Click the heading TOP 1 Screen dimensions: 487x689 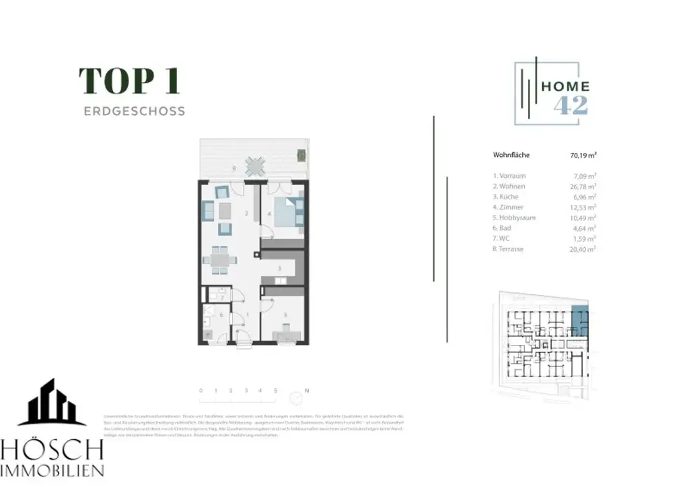(129, 81)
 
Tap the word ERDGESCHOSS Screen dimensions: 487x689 (134, 111)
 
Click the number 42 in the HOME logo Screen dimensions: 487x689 (571, 105)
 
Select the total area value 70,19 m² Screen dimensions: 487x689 (583, 155)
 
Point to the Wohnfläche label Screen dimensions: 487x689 (511, 155)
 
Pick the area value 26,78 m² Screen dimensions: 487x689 (583, 186)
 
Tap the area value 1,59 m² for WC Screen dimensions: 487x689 (584, 238)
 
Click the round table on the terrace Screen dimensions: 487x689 (255, 166)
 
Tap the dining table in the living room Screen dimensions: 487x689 (221, 259)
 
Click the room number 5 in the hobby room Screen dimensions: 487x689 (285, 315)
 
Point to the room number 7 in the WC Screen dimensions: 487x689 (221, 298)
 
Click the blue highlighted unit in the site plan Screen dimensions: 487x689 (579, 319)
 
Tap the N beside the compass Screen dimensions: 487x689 (307, 390)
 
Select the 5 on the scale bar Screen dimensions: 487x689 (276, 390)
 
